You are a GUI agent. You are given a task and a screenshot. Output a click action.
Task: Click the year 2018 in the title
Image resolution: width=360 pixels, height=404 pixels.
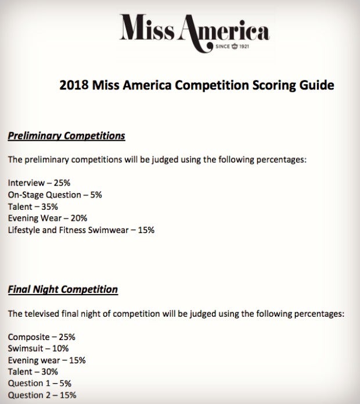[x=74, y=85]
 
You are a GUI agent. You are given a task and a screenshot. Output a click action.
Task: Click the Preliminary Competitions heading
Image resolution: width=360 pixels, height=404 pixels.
[x=66, y=136]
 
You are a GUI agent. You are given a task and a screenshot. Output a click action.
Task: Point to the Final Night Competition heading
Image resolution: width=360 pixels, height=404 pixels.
[x=63, y=289]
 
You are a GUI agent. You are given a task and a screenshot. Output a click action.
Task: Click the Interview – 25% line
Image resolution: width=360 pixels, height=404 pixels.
[x=39, y=183]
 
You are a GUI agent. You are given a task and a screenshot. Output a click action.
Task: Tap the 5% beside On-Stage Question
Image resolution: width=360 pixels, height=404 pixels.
[x=96, y=195]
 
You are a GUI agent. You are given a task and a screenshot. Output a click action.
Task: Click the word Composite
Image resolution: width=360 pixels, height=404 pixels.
[x=29, y=337]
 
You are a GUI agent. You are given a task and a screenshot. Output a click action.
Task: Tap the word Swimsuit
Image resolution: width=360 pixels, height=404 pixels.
[x=27, y=348]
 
